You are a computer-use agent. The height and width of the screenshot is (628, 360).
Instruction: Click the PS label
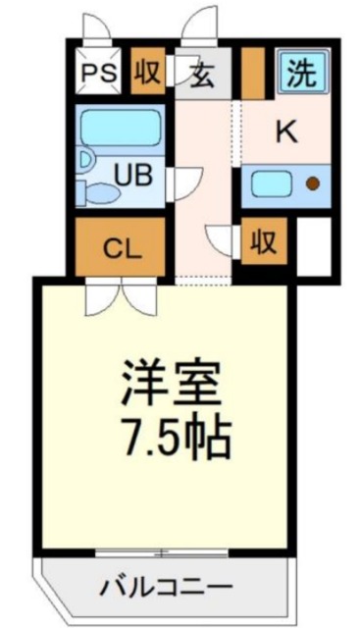95,74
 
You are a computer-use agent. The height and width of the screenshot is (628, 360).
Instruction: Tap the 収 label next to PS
147,74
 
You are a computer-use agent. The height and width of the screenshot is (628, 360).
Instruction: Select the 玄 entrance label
203,76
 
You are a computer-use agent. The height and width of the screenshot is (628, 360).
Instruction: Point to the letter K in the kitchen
284,131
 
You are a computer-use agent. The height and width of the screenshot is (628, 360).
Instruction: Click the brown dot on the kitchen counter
313,183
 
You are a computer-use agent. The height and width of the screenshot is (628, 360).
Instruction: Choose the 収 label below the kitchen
261,240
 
